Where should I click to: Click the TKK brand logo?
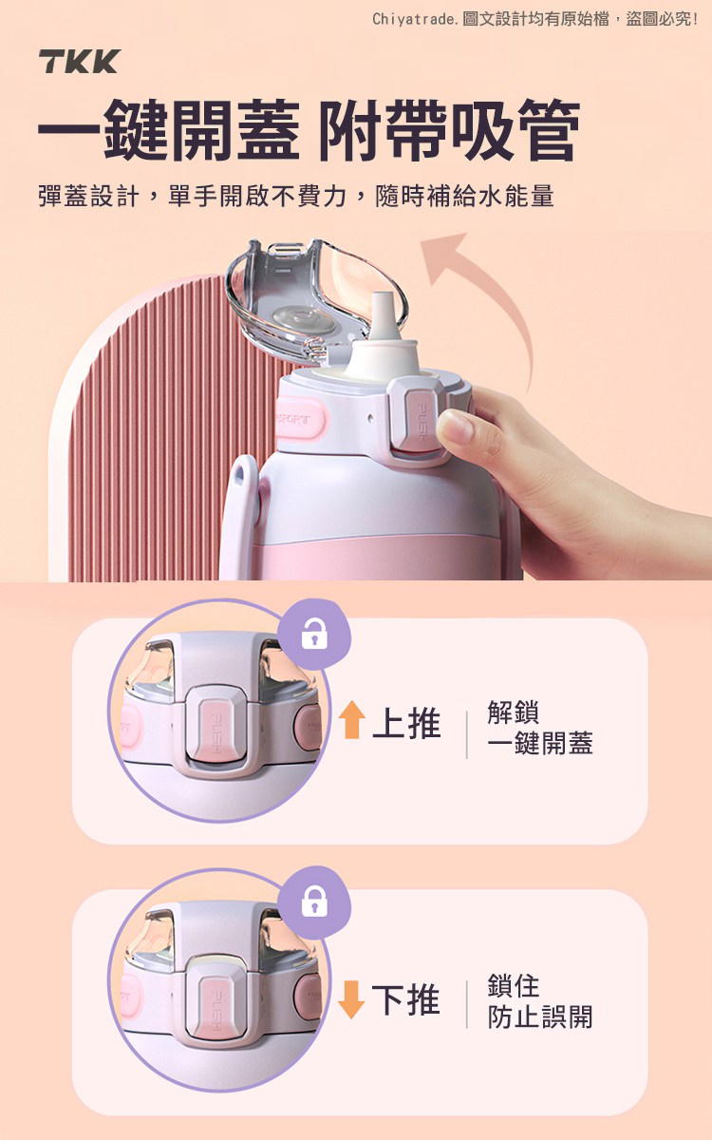point(79,62)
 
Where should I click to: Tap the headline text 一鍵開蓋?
point(168,129)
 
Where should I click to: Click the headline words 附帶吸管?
point(450,129)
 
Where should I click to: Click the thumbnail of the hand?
point(457,427)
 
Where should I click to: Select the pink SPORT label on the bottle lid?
point(298,418)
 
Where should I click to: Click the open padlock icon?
point(315,634)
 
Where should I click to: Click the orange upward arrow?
point(351,720)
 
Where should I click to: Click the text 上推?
point(407,723)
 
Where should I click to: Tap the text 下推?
point(406,999)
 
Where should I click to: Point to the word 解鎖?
point(514,712)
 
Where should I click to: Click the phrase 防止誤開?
point(540,1016)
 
